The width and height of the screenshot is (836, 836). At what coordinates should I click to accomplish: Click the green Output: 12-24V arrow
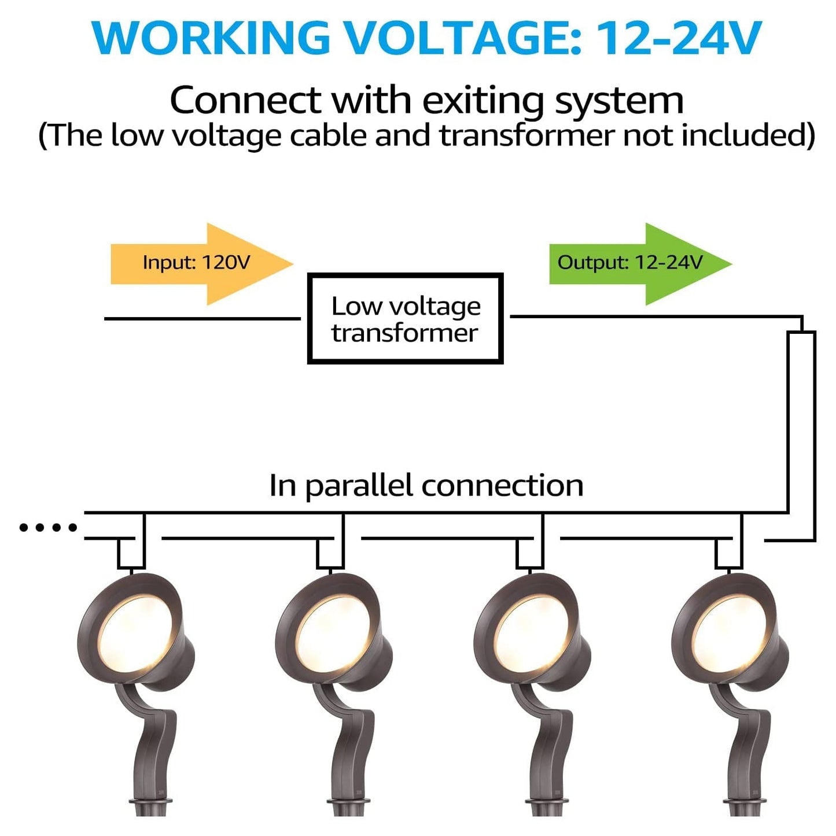[636, 263]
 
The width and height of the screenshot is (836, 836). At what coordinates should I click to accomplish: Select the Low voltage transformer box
[405, 319]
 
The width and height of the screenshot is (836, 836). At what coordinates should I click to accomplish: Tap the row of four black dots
[48, 527]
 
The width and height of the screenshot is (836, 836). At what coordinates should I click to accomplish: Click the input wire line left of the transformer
[202, 318]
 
